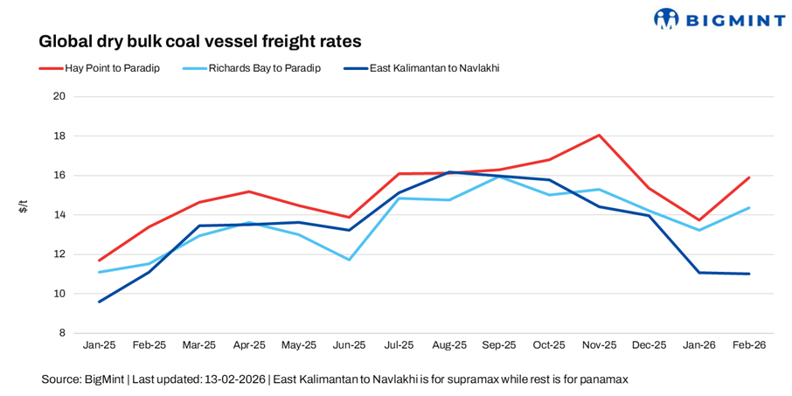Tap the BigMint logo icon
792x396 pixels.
(x=667, y=19)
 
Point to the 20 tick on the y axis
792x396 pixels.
(x=59, y=96)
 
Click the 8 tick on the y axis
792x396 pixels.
(x=62, y=333)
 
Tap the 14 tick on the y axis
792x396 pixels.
(x=59, y=215)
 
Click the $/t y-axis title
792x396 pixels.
(x=24, y=207)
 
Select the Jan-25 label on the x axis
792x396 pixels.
(x=99, y=345)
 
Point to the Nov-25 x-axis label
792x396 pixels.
(x=599, y=345)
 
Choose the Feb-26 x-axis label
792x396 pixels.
(x=749, y=345)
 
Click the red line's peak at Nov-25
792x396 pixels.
(x=599, y=135)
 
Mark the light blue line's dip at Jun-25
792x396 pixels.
(x=349, y=260)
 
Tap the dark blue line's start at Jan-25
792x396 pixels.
(x=99, y=302)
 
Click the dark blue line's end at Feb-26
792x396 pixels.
(x=749, y=274)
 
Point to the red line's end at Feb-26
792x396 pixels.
(x=749, y=177)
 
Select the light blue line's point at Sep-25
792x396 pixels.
(x=499, y=177)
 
